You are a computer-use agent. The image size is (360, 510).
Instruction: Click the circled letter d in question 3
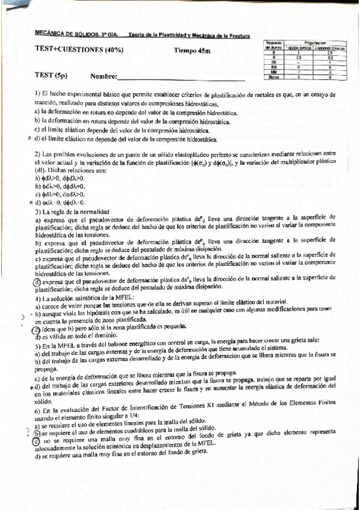click(37, 282)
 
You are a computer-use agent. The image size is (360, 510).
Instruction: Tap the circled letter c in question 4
click(37, 330)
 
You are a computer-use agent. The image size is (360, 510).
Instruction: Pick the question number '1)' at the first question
click(37, 95)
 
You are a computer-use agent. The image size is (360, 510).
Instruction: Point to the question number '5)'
click(37, 346)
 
